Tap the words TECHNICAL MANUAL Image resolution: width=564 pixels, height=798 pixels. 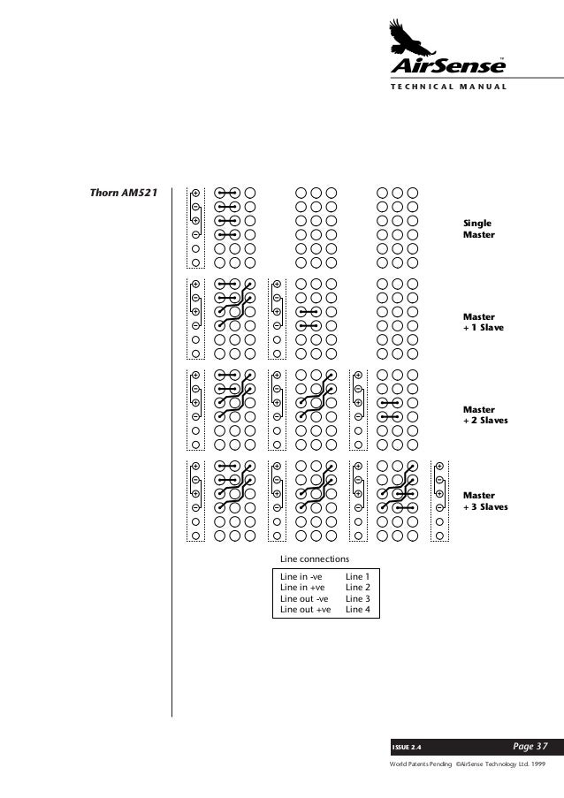(x=447, y=87)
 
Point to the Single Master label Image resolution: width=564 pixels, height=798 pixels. (x=478, y=230)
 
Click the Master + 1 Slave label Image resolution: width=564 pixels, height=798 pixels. (x=481, y=321)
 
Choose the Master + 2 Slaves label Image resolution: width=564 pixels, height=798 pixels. (x=485, y=414)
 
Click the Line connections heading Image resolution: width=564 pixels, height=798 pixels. (x=314, y=559)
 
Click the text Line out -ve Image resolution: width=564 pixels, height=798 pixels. (x=304, y=598)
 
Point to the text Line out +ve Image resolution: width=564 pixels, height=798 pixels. (x=305, y=610)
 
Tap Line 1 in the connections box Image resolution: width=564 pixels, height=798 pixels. (x=357, y=575)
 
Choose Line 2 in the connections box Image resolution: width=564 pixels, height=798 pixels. (x=357, y=587)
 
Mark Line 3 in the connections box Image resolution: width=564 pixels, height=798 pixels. (x=357, y=598)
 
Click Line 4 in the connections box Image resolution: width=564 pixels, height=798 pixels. (x=357, y=610)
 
